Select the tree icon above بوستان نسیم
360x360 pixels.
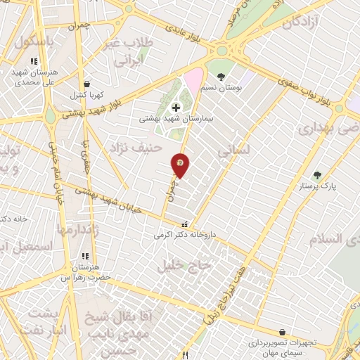[221, 76]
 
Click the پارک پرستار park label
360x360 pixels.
[314, 186]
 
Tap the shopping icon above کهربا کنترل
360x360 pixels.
[86, 84]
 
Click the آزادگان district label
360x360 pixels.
[307, 22]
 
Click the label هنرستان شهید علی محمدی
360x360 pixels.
[34, 77]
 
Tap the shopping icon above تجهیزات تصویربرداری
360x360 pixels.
[282, 332]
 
